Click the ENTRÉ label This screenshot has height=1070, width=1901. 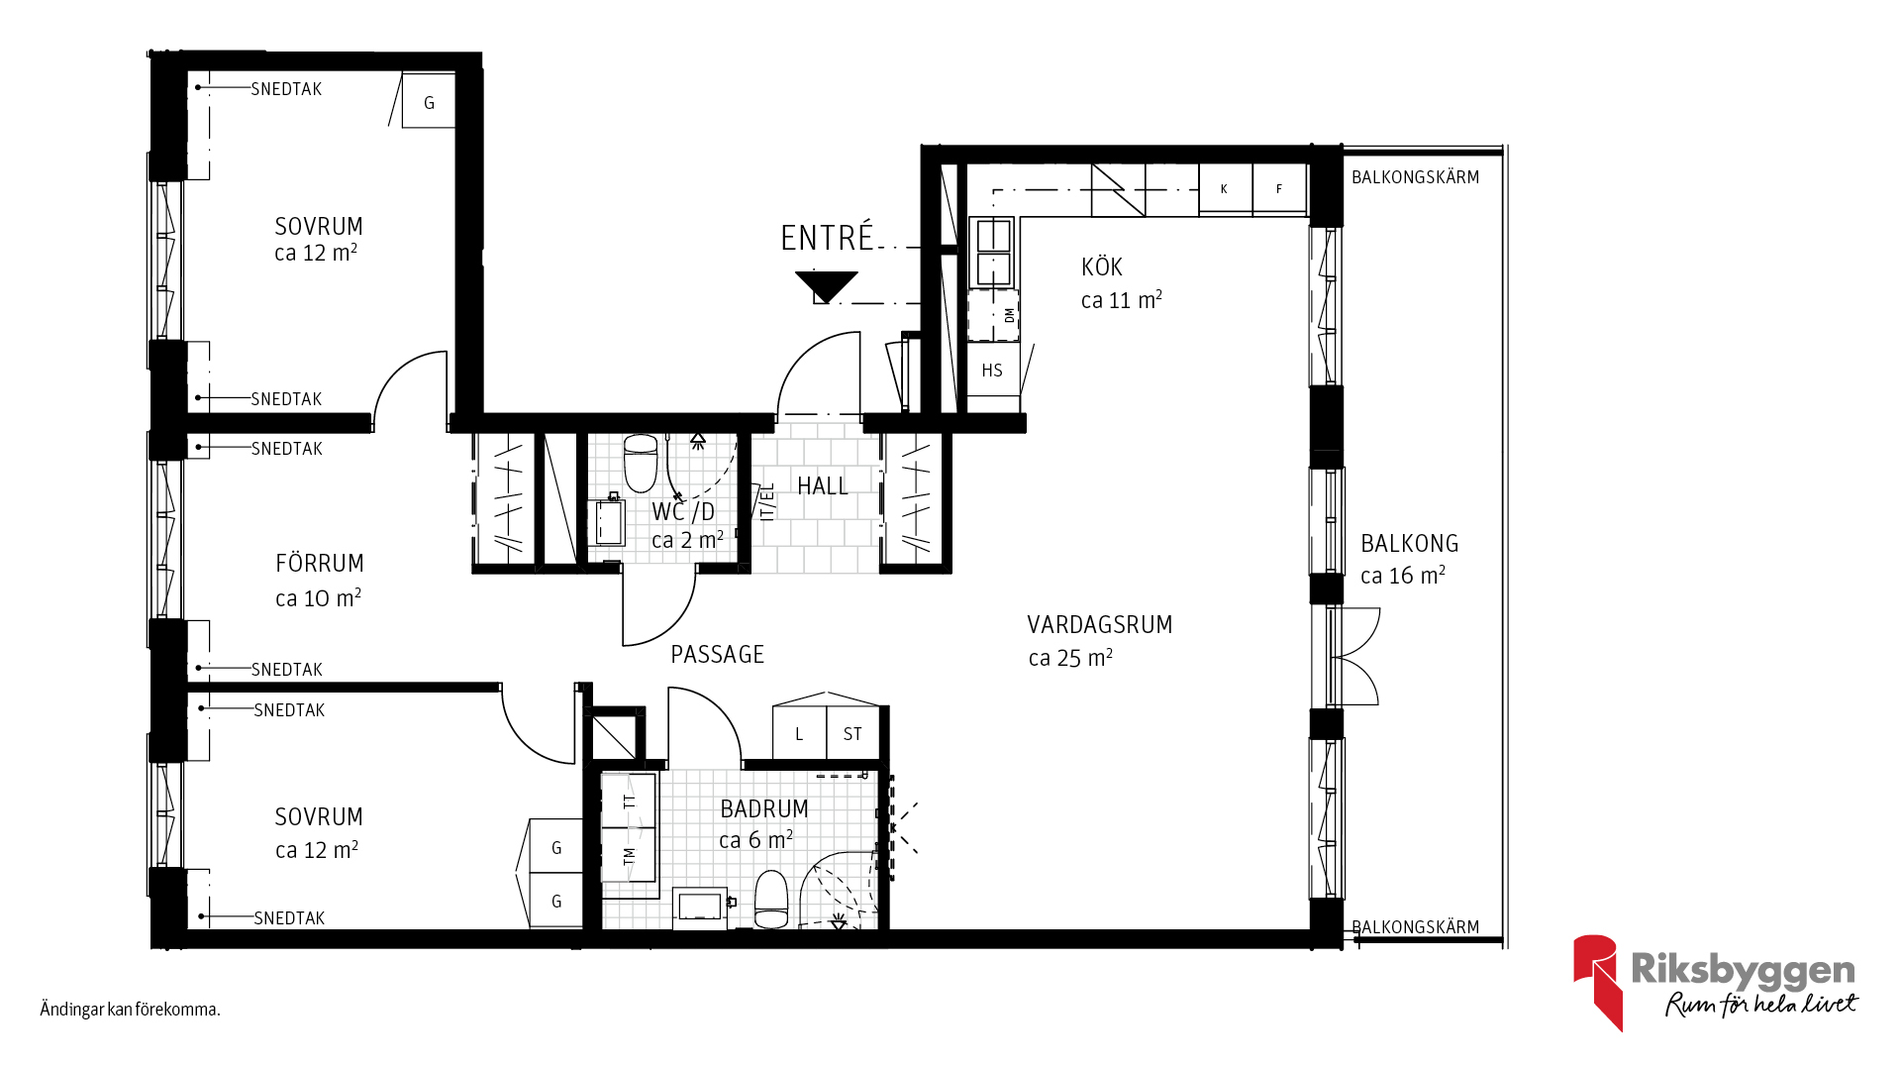coord(827,238)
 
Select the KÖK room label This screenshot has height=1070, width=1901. coord(1102,267)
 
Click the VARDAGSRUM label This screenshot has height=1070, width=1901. coord(1100,624)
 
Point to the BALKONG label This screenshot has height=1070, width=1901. coord(1410,543)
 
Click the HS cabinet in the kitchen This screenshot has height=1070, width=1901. coord(993,370)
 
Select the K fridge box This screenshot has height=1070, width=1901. coord(1225,189)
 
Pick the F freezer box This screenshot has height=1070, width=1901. coord(1279,189)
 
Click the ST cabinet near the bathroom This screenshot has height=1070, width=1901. coord(852,733)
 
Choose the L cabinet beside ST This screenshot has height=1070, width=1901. coord(799,733)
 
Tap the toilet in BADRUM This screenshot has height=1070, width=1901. coord(771,899)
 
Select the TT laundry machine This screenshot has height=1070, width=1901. coord(629,801)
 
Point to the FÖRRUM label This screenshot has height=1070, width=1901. coord(320,563)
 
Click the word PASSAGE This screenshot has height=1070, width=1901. coord(718,654)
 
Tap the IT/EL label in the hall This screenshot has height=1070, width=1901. coord(767,501)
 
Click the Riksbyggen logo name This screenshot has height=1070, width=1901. coord(1743,970)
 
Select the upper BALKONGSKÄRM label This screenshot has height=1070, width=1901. coord(1416,177)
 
